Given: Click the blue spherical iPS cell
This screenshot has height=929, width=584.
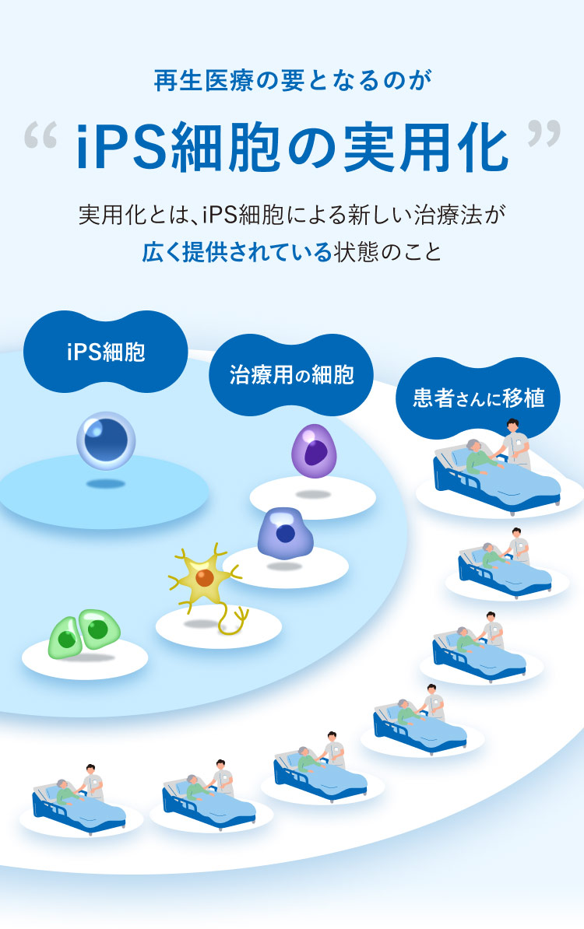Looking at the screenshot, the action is [106, 441].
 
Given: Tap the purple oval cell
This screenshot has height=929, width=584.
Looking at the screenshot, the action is [314, 450].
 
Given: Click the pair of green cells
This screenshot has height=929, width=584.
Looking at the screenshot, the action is [84, 633].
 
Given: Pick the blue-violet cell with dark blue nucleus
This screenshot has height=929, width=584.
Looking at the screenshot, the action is [285, 533].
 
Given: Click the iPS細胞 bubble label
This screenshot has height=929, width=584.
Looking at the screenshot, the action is [106, 352].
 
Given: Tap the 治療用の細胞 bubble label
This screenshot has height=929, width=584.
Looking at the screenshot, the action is [291, 374].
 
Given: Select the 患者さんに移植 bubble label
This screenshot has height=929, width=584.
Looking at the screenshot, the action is [478, 398].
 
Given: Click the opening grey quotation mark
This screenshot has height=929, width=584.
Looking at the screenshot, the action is [41, 135].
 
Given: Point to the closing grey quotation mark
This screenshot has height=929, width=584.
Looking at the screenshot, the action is [544, 133].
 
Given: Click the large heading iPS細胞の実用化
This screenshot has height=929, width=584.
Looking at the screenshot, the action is [292, 147].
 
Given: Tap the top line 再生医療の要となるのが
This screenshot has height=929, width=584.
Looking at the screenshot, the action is [292, 81].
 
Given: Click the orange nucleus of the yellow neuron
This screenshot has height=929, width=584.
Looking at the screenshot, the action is [205, 577].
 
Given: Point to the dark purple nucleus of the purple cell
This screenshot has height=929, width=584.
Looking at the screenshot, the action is [315, 454].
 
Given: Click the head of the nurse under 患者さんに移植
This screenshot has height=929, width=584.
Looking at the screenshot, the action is [512, 425].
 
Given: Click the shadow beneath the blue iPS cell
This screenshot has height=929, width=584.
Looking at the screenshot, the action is [106, 484].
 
